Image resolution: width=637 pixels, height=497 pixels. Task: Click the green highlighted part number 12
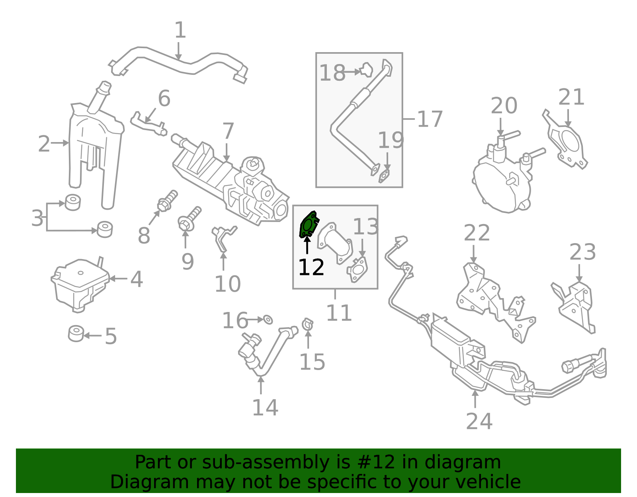pos(308,226)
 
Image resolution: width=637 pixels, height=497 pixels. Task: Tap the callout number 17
pos(430,119)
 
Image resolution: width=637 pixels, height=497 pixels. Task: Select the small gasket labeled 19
pos(385,175)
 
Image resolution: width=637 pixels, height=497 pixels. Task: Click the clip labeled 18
pos(366,70)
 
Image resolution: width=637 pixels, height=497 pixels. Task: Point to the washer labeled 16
pos(268,319)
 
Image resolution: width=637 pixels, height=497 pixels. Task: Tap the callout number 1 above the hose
pos(180,30)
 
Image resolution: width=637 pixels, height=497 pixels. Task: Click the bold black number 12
pos(311,267)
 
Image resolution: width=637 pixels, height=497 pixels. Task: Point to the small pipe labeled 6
pos(147,123)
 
